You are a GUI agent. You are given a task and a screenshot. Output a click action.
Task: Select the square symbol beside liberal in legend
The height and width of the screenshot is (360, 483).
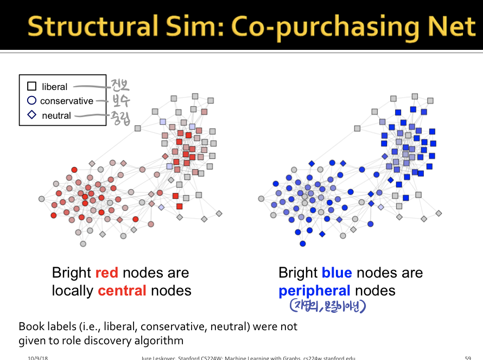coord(31,86)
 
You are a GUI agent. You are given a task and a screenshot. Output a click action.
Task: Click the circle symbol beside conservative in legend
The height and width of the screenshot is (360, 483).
coord(31,100)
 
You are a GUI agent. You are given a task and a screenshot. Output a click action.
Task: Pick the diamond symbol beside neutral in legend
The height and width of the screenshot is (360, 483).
coord(31,115)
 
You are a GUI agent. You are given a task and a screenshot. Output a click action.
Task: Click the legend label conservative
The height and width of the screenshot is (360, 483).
coord(67,101)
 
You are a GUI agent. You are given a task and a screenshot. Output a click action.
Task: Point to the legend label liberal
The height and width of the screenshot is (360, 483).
coord(55,87)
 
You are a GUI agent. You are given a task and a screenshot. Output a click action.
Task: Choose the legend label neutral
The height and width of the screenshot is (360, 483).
coord(56,115)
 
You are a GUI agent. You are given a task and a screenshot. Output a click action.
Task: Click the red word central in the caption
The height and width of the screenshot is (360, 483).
coord(122,291)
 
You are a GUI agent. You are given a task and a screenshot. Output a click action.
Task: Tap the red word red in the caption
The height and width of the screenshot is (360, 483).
coord(106,273)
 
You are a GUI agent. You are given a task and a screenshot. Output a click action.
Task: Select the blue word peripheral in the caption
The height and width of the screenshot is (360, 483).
coord(314,291)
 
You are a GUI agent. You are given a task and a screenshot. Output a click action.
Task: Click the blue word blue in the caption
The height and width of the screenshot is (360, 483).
coord(336,273)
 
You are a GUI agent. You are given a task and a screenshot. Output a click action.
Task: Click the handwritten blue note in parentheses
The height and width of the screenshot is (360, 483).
coord(328,307)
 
